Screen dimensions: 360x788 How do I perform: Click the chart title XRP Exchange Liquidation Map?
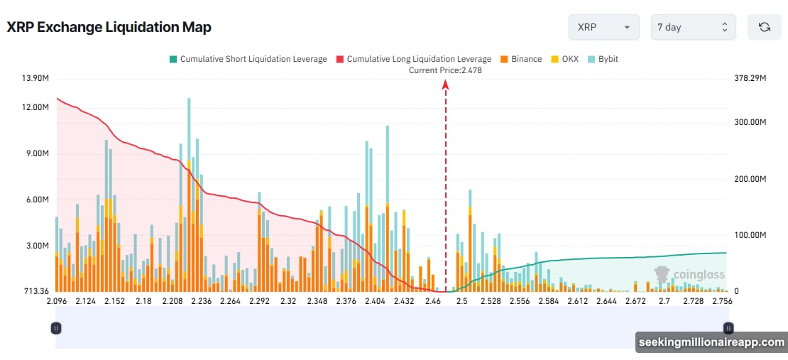(x=109, y=27)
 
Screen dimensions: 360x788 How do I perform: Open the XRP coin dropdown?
(x=603, y=27)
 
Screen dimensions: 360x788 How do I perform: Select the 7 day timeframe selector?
(x=693, y=27)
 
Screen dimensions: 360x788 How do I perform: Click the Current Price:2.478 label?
(x=445, y=70)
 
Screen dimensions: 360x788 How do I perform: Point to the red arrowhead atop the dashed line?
(x=446, y=84)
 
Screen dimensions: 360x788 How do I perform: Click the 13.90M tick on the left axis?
(x=35, y=78)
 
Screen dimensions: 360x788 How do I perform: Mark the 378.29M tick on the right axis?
(x=750, y=78)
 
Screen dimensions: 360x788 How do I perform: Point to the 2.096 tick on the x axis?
(x=56, y=301)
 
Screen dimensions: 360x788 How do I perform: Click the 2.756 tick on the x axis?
(x=722, y=301)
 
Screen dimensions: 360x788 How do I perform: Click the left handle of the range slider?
(x=56, y=328)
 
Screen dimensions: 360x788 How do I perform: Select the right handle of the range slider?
(x=728, y=328)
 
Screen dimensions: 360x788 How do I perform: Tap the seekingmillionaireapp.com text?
(x=710, y=342)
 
